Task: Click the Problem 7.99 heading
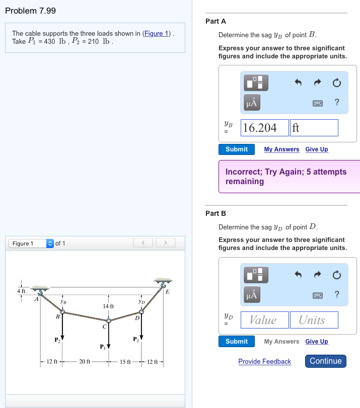(x=30, y=11)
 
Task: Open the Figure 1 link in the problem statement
(x=157, y=34)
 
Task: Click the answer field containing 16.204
(x=265, y=128)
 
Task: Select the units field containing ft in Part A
(x=314, y=128)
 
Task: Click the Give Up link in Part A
(x=316, y=149)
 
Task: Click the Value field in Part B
(x=263, y=320)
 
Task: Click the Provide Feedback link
(x=264, y=362)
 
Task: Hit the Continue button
(x=325, y=361)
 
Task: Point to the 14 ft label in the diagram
(x=108, y=306)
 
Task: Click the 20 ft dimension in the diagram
(x=85, y=362)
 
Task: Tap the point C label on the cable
(x=104, y=327)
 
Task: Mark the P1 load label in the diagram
(x=103, y=347)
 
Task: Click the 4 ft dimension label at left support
(x=21, y=291)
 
